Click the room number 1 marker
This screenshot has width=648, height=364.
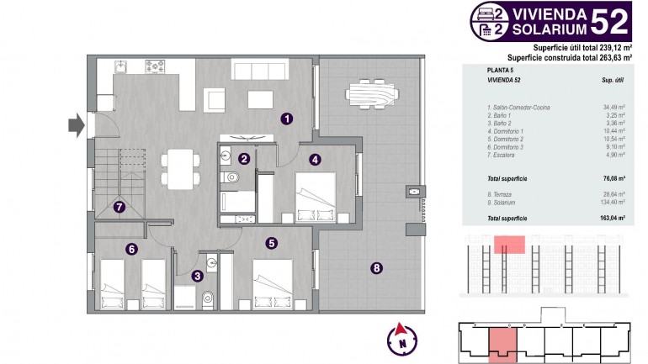click(287, 119)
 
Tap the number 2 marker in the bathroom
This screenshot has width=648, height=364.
click(244, 158)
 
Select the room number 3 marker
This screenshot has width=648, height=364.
click(197, 275)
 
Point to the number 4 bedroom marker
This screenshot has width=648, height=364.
click(315, 158)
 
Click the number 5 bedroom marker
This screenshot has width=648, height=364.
click(272, 243)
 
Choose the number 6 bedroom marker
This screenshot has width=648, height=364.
click(131, 248)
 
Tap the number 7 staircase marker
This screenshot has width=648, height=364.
click(120, 206)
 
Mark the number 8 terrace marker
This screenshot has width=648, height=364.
click(376, 268)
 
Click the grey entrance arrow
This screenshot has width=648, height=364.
click(76, 125)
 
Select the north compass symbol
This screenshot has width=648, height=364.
click(402, 339)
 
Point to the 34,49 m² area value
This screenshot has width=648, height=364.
click(613, 107)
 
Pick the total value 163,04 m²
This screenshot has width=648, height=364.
click(612, 218)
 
